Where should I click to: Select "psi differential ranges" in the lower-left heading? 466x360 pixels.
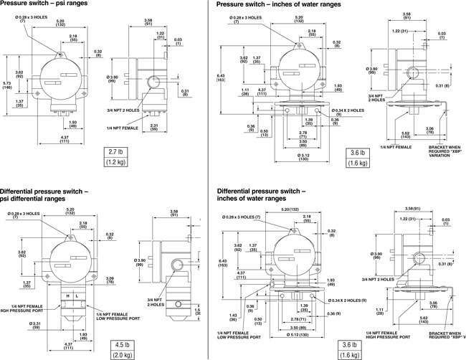coord(37,199)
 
